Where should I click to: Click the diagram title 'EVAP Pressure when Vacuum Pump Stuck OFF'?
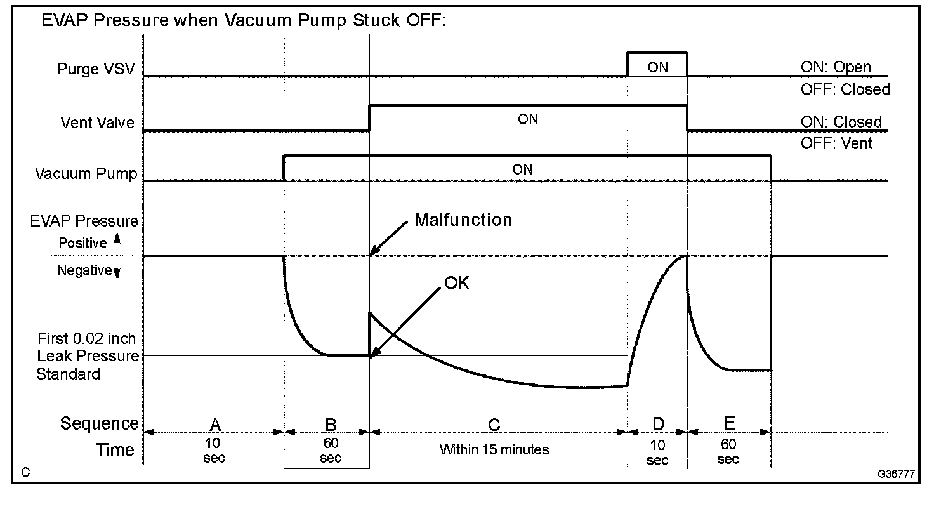click(244, 20)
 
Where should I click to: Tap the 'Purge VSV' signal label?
click(96, 69)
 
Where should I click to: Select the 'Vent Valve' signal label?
click(98, 122)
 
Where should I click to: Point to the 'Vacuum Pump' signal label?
click(86, 173)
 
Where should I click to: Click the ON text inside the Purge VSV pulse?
click(657, 67)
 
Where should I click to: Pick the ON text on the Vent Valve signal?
click(528, 119)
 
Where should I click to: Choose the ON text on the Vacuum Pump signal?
click(522, 169)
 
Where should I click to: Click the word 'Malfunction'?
click(463, 220)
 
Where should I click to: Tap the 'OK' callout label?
click(457, 283)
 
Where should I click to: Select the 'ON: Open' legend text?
click(836, 67)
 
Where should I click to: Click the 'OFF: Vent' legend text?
click(836, 143)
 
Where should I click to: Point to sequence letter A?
click(214, 425)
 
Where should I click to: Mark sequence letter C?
click(494, 425)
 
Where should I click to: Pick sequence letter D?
click(658, 423)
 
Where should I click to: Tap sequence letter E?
click(729, 423)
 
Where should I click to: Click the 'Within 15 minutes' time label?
click(494, 449)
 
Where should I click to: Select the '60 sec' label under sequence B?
click(330, 450)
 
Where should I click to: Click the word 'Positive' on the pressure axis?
click(82, 243)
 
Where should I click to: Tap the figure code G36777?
click(896, 474)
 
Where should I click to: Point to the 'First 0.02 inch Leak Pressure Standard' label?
click(87, 356)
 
